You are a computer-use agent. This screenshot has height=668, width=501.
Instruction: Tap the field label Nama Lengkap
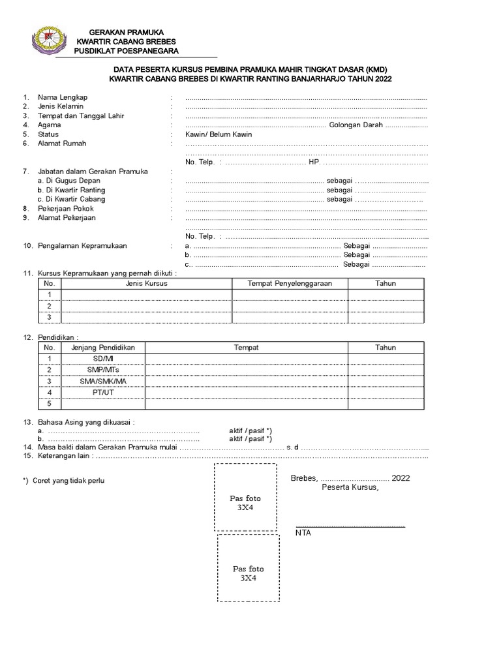tap(62, 97)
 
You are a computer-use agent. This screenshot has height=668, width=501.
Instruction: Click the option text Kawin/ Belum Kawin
tap(219, 134)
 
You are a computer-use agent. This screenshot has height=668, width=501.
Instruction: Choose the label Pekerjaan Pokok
tap(67, 208)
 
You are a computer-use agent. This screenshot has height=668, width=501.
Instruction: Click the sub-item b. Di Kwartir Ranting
tap(71, 190)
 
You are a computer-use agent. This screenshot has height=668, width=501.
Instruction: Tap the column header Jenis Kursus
tap(147, 283)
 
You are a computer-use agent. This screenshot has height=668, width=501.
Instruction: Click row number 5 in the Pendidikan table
tap(49, 403)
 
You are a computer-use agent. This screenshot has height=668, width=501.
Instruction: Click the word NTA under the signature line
tap(303, 533)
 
